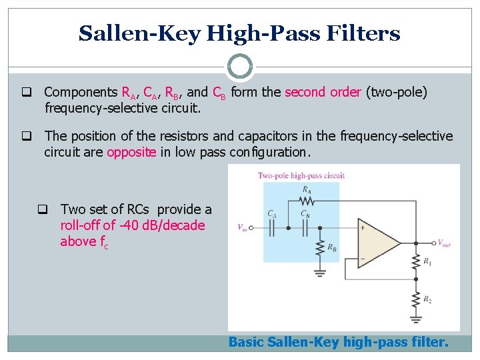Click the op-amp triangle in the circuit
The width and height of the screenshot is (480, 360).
click(x=379, y=243)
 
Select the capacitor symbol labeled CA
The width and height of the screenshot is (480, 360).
click(x=272, y=227)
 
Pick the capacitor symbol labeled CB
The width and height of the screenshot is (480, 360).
click(x=305, y=227)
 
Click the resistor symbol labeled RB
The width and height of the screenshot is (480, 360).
click(x=321, y=247)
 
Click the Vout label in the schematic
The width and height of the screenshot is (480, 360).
click(x=445, y=243)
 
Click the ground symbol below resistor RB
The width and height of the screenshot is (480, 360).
click(x=321, y=271)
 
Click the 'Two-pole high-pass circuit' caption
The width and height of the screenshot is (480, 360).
click(x=301, y=175)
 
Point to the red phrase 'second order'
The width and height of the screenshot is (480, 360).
click(x=323, y=92)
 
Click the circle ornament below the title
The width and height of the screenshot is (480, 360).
click(x=239, y=67)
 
